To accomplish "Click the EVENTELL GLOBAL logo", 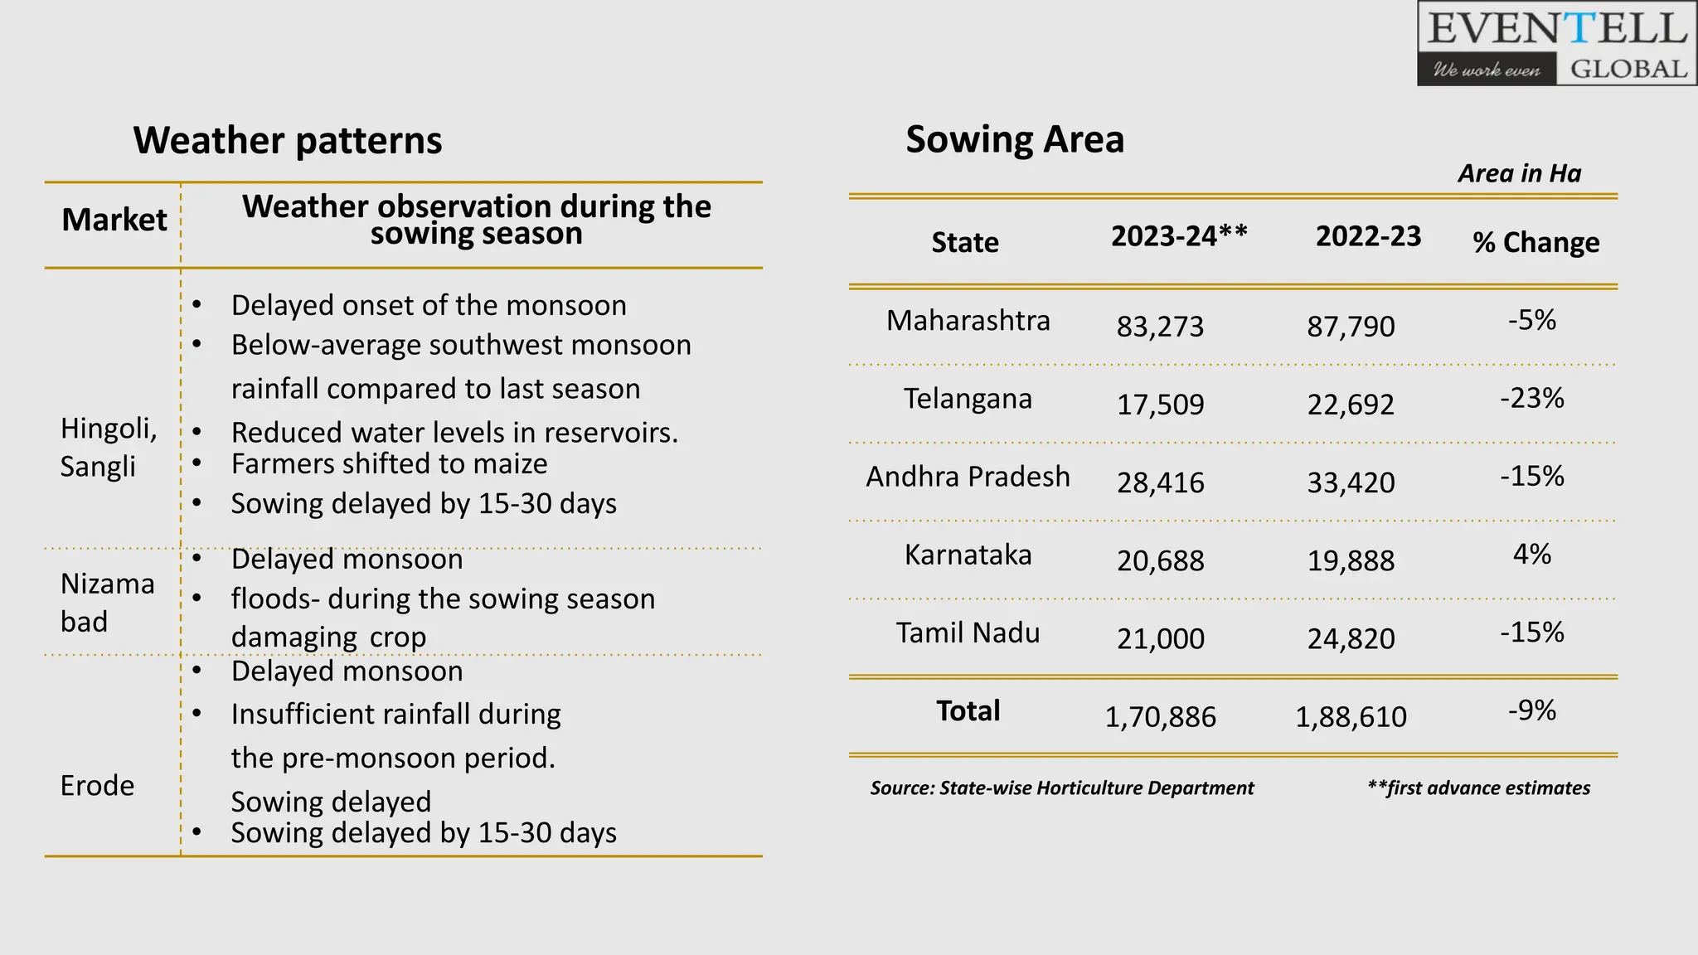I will tap(1556, 44).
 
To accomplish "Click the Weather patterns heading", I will tap(287, 140).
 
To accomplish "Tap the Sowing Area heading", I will tap(1014, 139).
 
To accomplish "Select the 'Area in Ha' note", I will tap(1519, 173).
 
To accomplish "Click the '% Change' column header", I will tap(1535, 242).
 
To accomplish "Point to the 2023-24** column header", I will tap(1178, 236).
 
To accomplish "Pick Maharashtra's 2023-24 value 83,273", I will tap(1159, 327).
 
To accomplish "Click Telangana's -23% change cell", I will tap(1531, 399).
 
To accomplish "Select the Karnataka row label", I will tap(968, 555).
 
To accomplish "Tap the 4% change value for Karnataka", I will tap(1531, 554).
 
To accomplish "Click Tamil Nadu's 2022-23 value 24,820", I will tap(1351, 639).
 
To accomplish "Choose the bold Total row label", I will tap(968, 711).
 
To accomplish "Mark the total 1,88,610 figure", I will tap(1351, 717).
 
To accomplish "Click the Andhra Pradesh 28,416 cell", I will tap(1159, 482).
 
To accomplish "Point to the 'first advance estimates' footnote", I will tap(1478, 788).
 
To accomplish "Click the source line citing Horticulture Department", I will tap(1061, 788).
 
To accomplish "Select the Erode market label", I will tap(97, 785).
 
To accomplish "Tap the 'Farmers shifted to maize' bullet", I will tap(389, 464).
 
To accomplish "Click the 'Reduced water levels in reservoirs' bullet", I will tap(454, 433).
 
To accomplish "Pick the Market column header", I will tap(114, 220).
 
